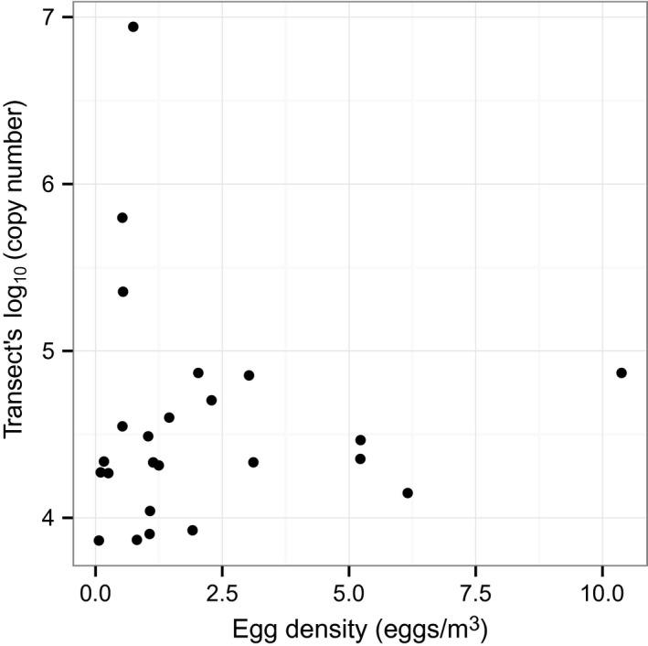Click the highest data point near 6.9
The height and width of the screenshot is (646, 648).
tap(133, 27)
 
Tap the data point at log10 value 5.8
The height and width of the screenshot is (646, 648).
tap(122, 218)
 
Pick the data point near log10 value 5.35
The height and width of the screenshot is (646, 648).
tap(122, 292)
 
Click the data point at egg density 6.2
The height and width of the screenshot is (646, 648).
tap(408, 493)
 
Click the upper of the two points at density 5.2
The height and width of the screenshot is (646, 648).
tap(360, 440)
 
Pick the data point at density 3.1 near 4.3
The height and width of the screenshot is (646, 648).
tap(253, 462)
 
